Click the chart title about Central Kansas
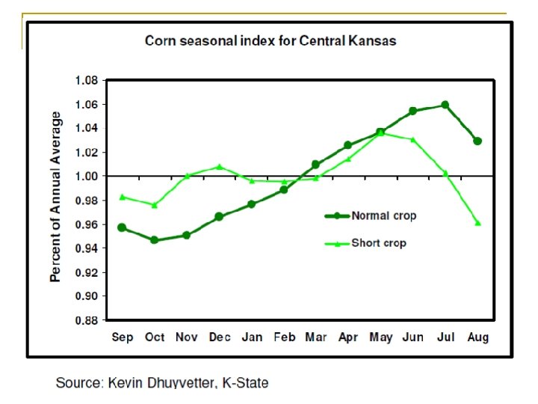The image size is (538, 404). tap(270, 40)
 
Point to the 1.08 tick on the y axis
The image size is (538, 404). tap(88, 80)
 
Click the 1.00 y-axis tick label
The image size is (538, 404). tap(88, 177)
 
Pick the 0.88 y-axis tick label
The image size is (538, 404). tap(88, 320)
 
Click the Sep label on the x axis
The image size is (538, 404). tap(123, 337)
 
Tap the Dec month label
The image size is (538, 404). tap(220, 337)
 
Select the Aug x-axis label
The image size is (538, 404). tap(477, 337)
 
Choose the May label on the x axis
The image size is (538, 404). tap(381, 337)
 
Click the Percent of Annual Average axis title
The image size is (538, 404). tap(56, 198)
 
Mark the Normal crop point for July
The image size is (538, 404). tap(445, 105)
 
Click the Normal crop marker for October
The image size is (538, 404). tap(154, 240)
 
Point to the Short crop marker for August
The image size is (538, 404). tap(477, 223)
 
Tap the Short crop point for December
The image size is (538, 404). tap(220, 166)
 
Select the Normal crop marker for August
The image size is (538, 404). tap(477, 141)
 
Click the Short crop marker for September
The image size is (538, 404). tap(122, 197)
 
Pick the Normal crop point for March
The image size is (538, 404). tap(315, 164)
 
